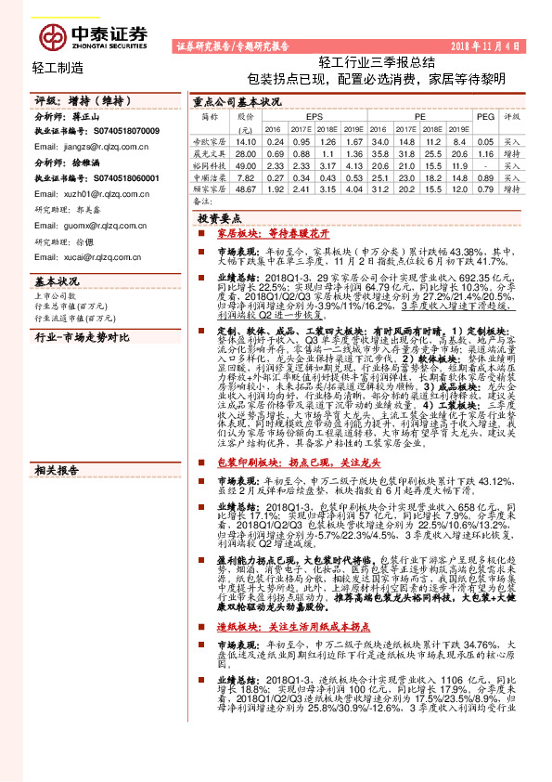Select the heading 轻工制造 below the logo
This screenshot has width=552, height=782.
tap(58, 68)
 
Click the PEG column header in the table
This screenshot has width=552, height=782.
tap(485, 118)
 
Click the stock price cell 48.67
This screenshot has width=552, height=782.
tap(246, 188)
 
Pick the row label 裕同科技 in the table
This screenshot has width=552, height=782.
tap(208, 163)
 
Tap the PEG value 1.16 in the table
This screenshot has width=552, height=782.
tap(485, 151)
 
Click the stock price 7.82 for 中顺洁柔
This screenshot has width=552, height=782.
tap(246, 176)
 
